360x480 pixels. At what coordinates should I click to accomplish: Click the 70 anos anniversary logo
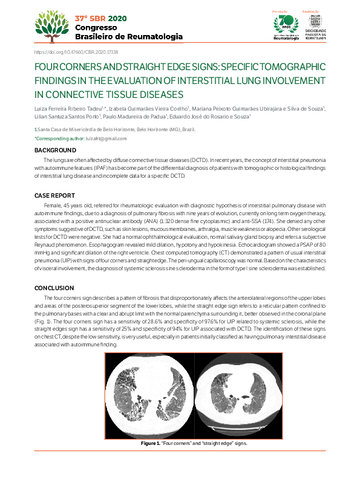[x=286, y=24]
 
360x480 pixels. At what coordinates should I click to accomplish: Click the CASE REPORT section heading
[x=55, y=196]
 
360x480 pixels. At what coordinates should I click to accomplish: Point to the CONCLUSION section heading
[x=54, y=288]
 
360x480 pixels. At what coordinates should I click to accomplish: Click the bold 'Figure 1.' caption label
[x=149, y=443]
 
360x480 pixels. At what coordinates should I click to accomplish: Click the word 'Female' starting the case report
[x=54, y=206]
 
